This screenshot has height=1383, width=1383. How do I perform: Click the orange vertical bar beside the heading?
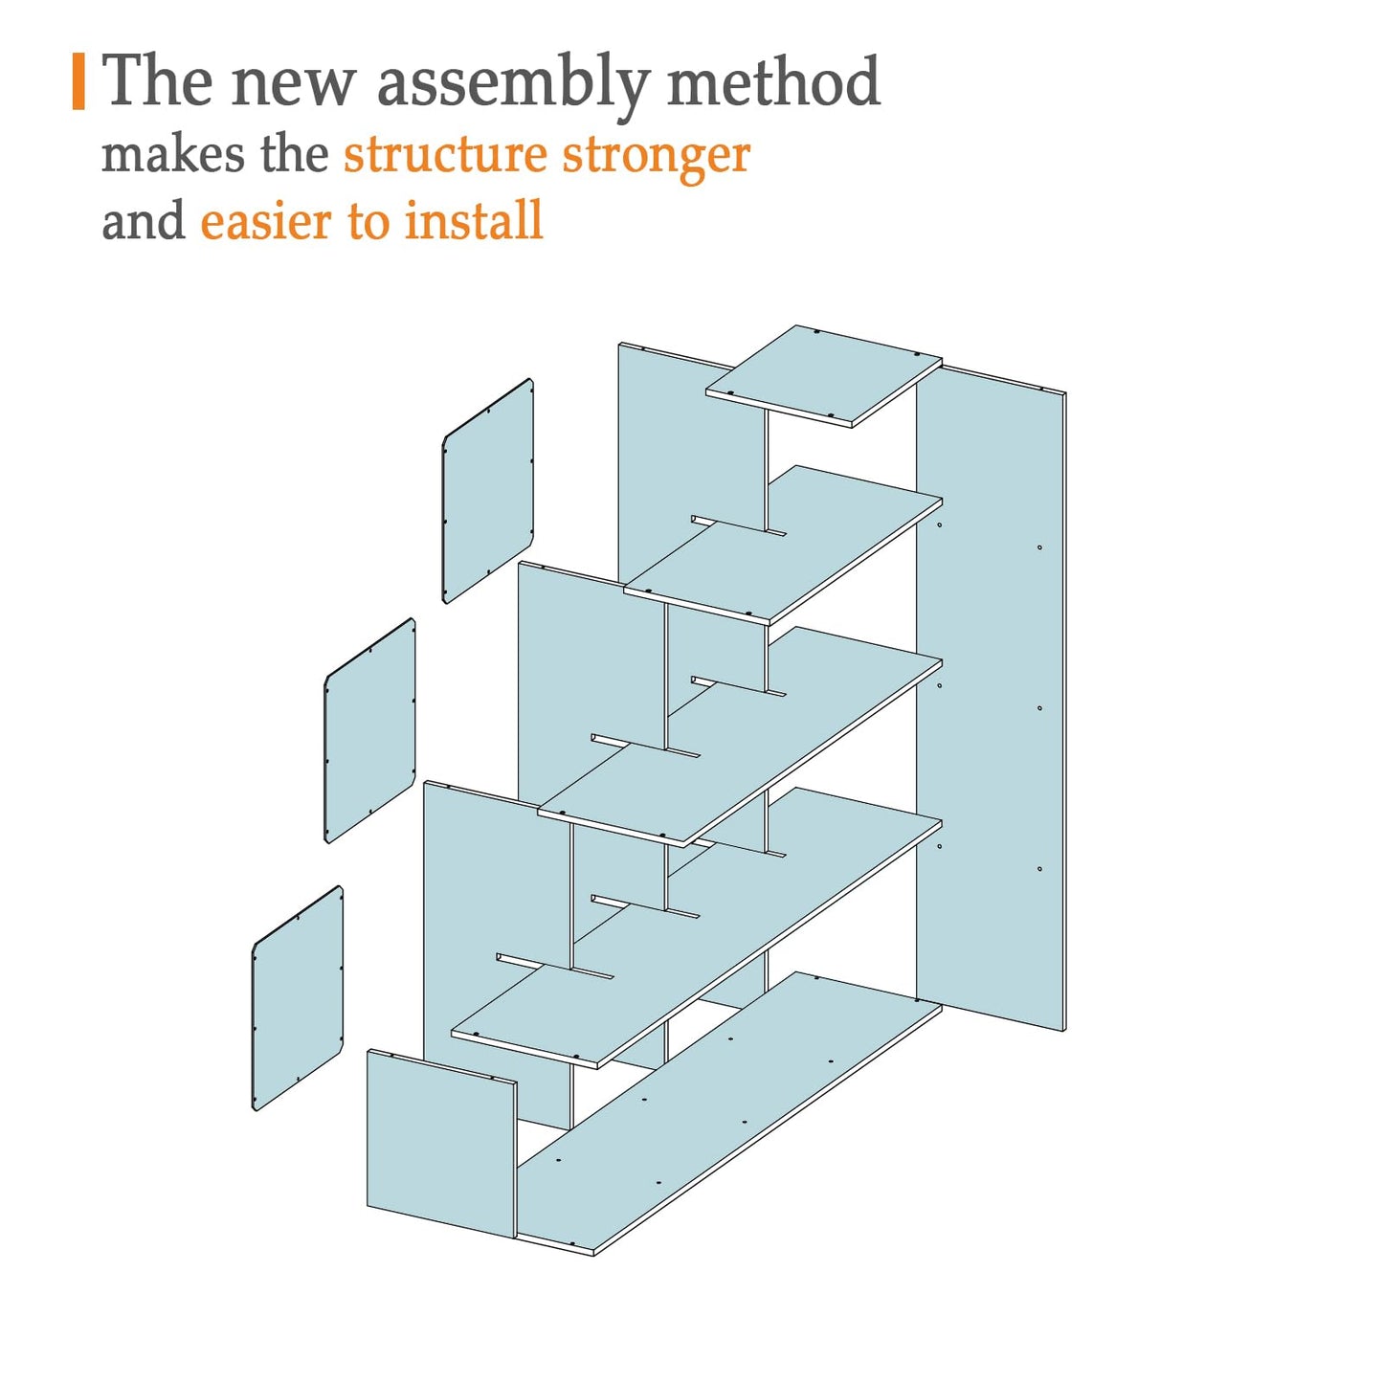[x=78, y=81]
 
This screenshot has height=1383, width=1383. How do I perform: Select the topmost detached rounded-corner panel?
[x=488, y=491]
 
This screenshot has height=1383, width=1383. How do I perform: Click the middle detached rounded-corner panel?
[x=370, y=730]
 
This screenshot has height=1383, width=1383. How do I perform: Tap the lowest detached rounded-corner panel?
[x=298, y=998]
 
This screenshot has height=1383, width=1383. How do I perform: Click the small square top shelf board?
[x=823, y=375]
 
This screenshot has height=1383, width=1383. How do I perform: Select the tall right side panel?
[x=992, y=698]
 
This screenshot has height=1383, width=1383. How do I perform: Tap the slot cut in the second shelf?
[x=739, y=524]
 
